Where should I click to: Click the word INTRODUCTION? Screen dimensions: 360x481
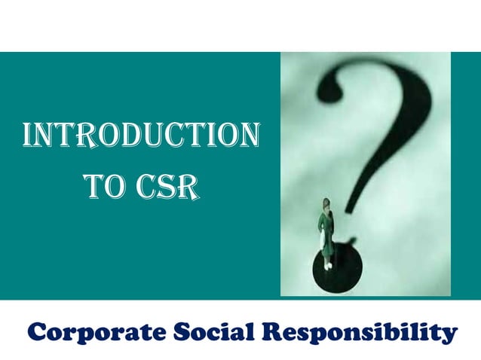coord(142,136)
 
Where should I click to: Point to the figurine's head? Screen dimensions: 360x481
coord(326,204)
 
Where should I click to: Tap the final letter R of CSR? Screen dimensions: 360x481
coord(191,185)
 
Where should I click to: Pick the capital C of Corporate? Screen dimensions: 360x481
coord(37,331)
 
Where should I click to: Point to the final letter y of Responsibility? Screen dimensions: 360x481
coord(449,334)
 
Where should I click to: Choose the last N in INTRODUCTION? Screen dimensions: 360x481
coord(249,136)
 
